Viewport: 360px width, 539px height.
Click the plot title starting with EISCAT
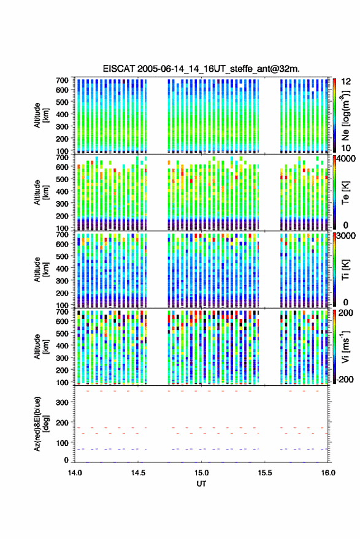(201, 69)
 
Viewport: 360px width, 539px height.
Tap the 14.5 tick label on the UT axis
(138, 473)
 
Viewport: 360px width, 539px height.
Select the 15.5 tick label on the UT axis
(264, 473)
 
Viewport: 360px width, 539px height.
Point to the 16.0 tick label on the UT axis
(328, 473)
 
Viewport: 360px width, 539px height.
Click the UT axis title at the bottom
(201, 484)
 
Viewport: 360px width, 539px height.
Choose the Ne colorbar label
(345, 115)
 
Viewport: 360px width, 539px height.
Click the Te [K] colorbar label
(345, 193)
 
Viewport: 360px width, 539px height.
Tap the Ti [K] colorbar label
(345, 270)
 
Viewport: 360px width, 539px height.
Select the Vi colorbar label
(345, 346)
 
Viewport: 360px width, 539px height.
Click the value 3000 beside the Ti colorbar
(347, 236)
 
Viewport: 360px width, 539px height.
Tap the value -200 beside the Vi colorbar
(345, 380)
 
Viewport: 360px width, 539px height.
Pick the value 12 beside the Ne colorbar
(347, 82)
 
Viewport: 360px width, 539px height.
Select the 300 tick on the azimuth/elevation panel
(62, 402)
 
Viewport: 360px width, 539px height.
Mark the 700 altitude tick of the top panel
(62, 80)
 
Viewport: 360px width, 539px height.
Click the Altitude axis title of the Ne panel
(41, 115)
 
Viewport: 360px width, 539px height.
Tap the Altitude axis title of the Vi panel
(41, 347)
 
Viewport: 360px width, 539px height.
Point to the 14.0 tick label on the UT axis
(75, 473)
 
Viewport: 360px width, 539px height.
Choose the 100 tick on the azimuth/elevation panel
(62, 443)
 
